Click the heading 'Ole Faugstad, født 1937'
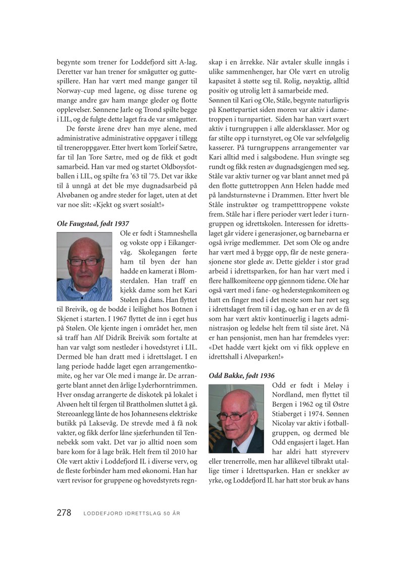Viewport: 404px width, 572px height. (x=93, y=223)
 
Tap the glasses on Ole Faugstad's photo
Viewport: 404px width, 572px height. (x=85, y=261)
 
